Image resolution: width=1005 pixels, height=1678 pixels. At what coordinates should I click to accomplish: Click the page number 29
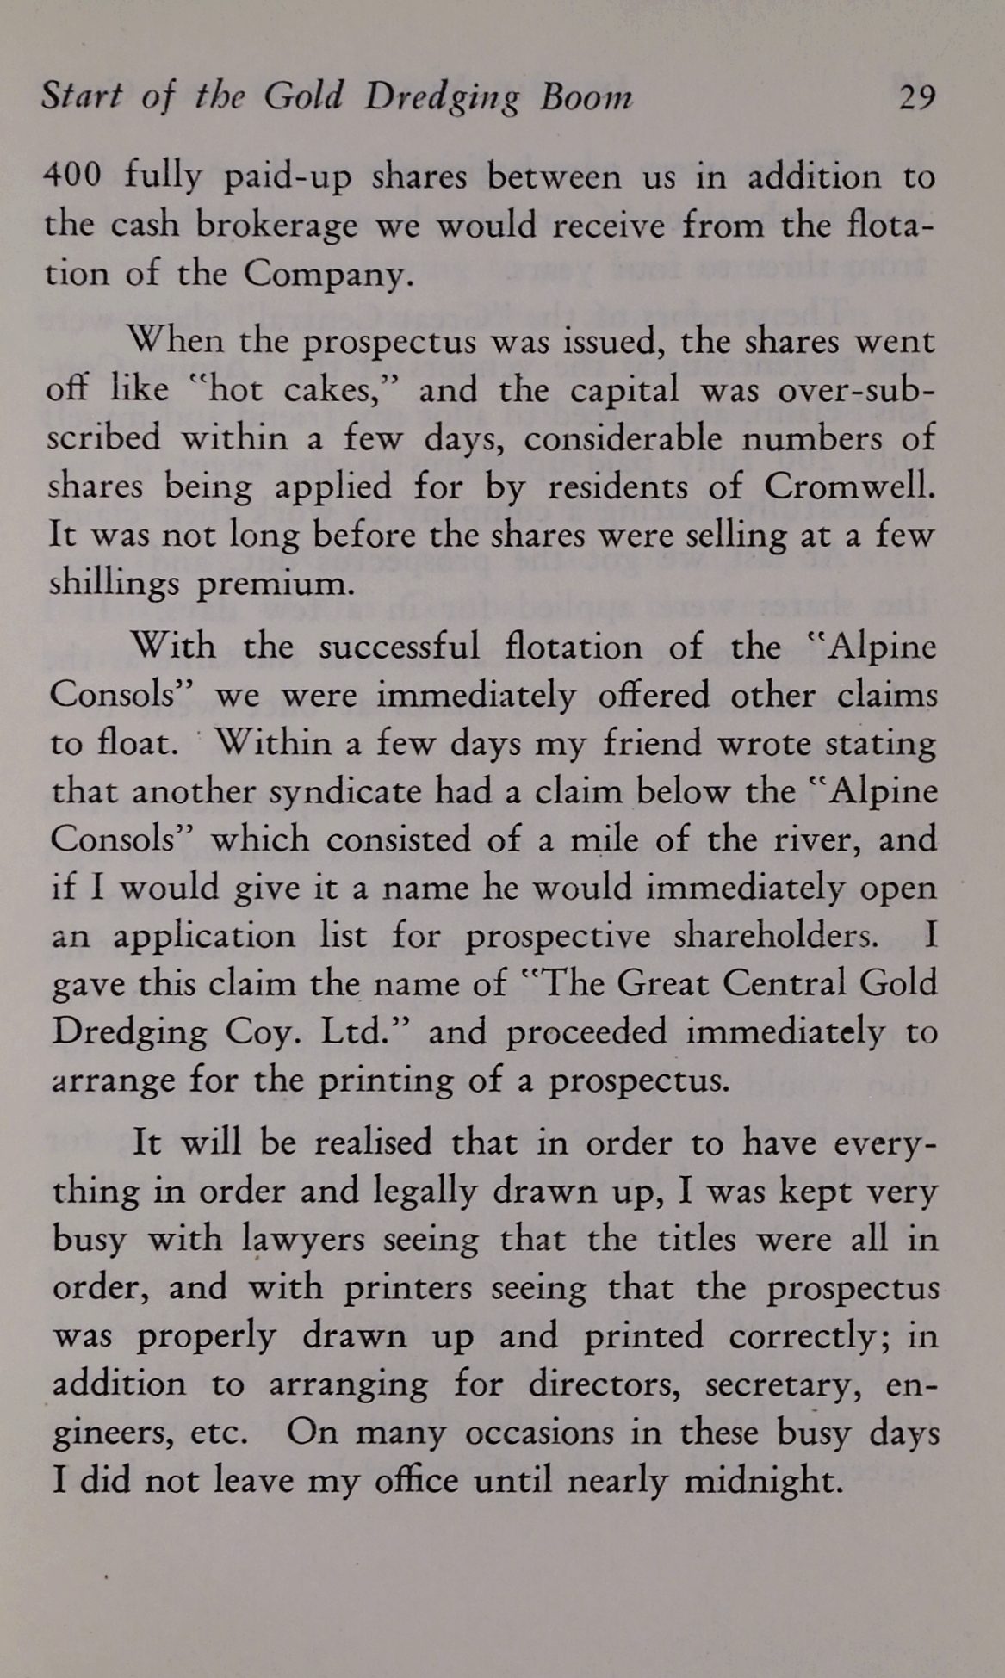[x=915, y=98]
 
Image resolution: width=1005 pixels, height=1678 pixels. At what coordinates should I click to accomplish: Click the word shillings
[x=114, y=585]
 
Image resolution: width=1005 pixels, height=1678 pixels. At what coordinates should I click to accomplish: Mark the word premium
[x=276, y=585]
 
